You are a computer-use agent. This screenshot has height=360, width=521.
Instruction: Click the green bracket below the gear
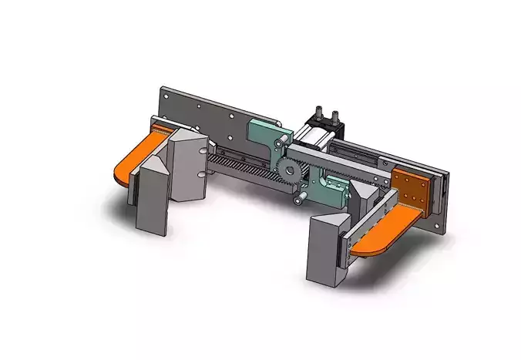(328, 187)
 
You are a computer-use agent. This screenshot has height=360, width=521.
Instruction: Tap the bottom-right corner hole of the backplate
(439, 225)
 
